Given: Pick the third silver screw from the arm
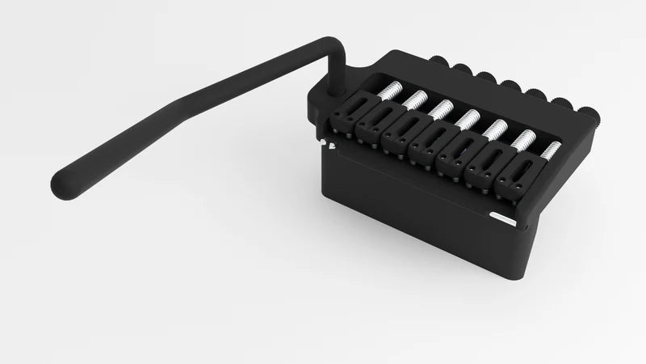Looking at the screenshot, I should click(442, 108).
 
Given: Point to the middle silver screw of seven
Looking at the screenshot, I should click(468, 119).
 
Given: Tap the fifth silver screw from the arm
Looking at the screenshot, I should click(497, 128).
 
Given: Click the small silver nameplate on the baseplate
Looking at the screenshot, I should click(507, 218).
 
